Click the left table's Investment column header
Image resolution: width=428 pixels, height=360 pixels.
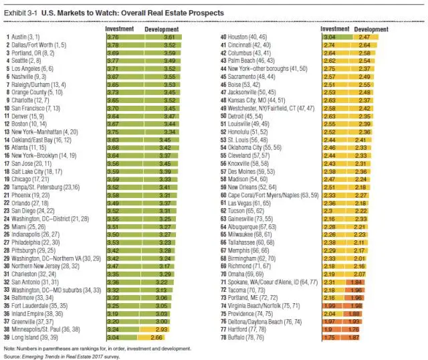(120, 29)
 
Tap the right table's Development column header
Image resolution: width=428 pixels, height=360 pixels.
(371, 29)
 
